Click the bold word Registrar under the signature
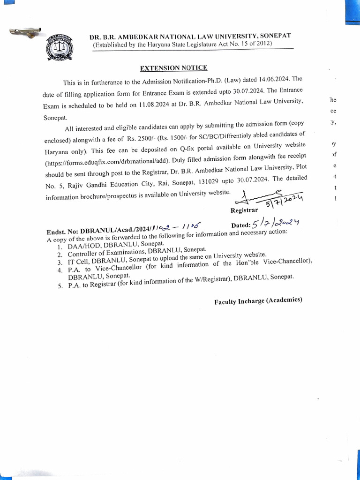[x=244, y=211]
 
